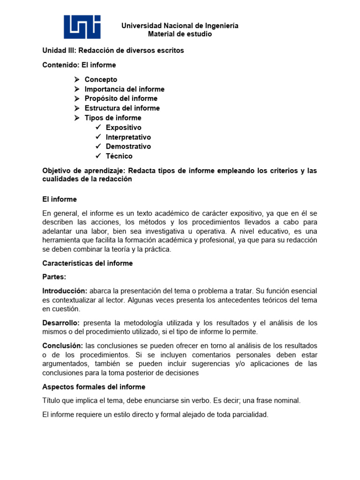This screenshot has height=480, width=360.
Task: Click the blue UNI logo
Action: pos(82,27)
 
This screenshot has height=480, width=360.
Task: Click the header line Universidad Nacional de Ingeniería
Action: pos(180,26)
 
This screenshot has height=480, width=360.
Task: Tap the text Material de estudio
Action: pos(180,34)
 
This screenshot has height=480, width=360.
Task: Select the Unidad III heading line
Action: pos(113,51)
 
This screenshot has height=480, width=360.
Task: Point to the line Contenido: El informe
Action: pos(79,65)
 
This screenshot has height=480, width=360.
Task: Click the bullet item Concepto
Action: pos(101,80)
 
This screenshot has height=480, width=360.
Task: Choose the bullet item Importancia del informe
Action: pos(124,89)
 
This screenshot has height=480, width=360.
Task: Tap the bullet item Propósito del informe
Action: pos(121,98)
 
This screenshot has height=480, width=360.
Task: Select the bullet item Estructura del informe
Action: pos(122,108)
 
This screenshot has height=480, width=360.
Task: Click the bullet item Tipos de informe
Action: pos(112,118)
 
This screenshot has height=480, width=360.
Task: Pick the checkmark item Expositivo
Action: pos(123,127)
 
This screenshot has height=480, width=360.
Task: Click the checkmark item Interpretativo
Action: pos(128,137)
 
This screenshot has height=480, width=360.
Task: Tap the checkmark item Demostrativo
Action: pos(128,147)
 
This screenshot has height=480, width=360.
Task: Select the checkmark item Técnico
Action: pos(119,156)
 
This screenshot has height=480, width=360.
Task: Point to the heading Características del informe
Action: pos(88,263)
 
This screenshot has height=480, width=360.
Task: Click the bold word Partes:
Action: pos(54,277)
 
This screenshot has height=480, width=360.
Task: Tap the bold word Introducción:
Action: pos(65,291)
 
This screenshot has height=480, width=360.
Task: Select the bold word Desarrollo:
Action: pos(61,323)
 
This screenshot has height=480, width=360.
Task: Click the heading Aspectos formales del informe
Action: pos(94,387)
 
